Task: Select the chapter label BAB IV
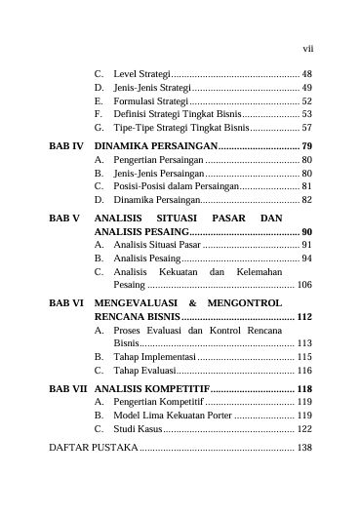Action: click(67, 144)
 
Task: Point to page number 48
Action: click(306, 74)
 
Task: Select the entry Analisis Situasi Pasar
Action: click(160, 244)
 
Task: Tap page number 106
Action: click(304, 285)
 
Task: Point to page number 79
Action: click(306, 144)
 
